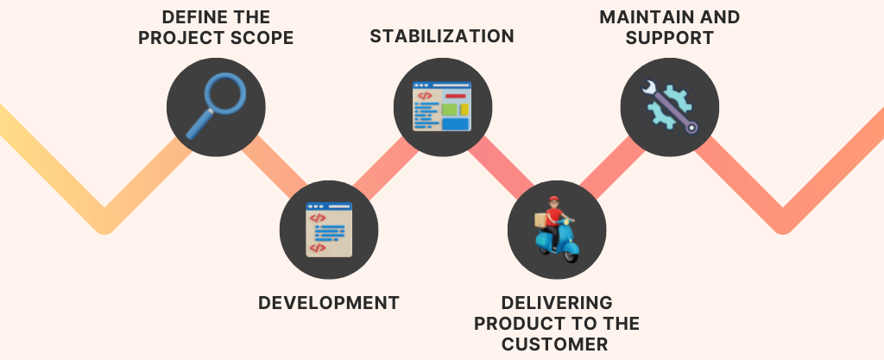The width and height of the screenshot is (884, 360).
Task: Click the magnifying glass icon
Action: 216,105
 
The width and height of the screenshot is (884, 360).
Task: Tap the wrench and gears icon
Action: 669,106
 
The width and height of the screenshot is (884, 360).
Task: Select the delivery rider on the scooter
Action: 556,229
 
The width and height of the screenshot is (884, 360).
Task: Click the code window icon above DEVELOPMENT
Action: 329,230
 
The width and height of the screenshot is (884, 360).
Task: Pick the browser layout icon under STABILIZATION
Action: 442,106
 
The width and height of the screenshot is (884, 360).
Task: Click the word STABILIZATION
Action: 442,36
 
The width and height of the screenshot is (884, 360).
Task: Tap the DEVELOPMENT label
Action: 329,303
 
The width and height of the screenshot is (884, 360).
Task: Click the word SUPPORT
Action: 669,38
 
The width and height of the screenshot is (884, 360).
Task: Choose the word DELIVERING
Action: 557,303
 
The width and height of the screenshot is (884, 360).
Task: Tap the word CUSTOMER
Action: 555,344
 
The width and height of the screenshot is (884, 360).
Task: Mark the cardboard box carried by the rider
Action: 540,220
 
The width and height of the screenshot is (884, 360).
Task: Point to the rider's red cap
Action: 554,199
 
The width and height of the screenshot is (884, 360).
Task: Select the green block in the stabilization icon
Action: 449,110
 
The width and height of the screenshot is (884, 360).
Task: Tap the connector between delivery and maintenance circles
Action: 613,167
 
